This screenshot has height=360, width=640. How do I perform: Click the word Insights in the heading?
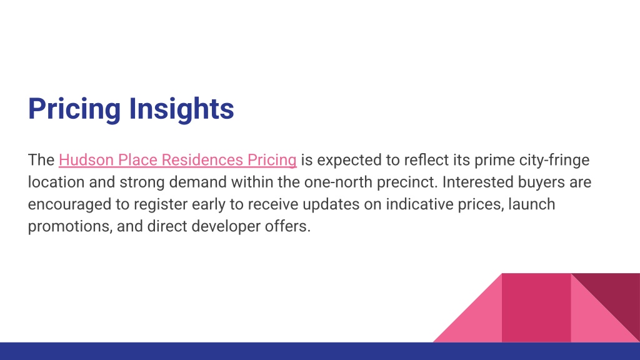[x=181, y=109]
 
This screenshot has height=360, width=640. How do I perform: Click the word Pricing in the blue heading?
[x=74, y=109]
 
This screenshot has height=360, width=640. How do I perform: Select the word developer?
[x=226, y=226]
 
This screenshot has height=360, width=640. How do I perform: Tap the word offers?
[x=287, y=226]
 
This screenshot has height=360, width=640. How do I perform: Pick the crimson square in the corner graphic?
[x=536, y=307]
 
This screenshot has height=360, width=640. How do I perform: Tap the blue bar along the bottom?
[x=320, y=351]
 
